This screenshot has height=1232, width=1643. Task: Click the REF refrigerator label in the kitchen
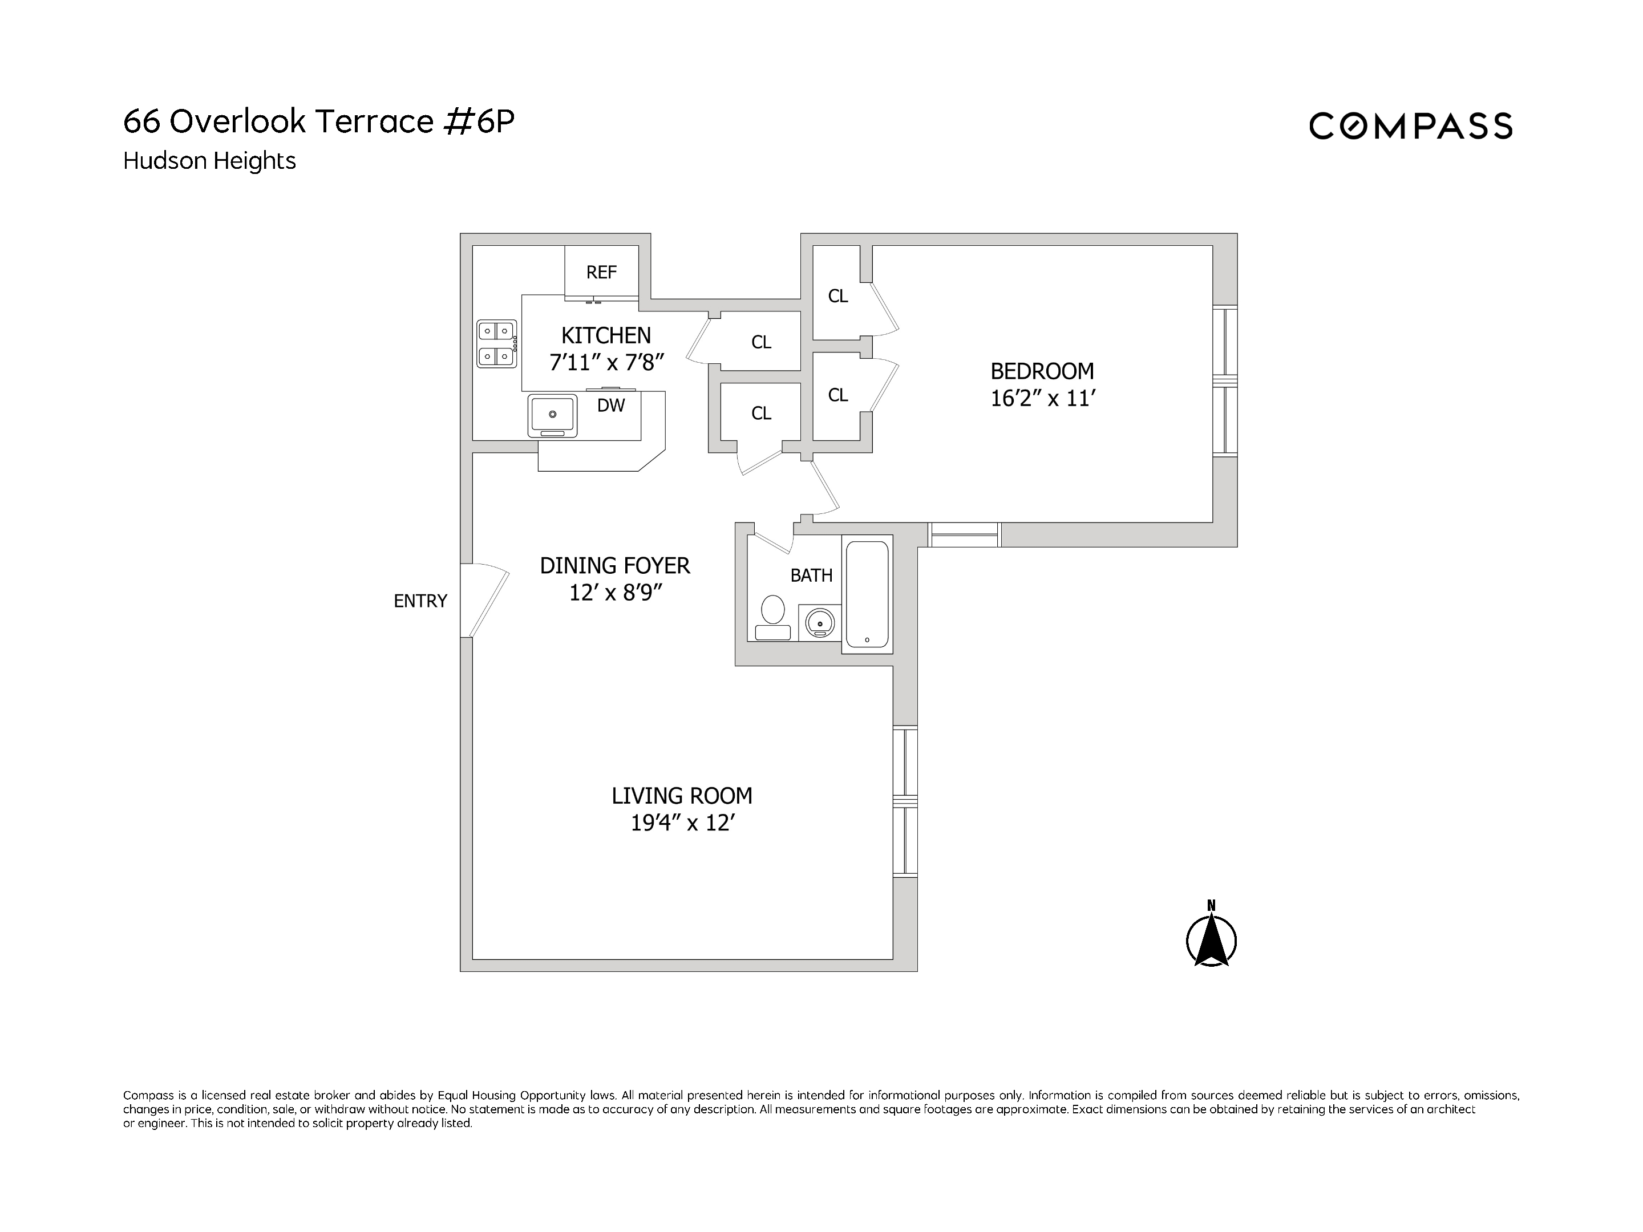point(601,273)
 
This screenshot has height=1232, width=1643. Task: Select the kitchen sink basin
point(552,415)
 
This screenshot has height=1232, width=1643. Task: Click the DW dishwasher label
point(610,406)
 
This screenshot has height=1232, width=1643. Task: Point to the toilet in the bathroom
point(772,617)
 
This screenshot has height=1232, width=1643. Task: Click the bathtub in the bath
point(867,594)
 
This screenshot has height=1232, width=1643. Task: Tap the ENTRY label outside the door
point(420,601)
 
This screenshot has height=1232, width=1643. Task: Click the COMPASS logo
point(1410,126)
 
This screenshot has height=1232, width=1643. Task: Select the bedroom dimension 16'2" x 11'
point(1042,399)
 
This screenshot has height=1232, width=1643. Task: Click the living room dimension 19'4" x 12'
point(682,824)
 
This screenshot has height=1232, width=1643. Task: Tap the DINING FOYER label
point(614,566)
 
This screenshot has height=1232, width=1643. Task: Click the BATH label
point(811,576)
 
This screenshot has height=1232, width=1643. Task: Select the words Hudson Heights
point(209,161)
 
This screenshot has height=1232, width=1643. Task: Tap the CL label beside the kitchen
point(762,342)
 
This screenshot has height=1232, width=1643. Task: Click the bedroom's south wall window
point(964,534)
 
